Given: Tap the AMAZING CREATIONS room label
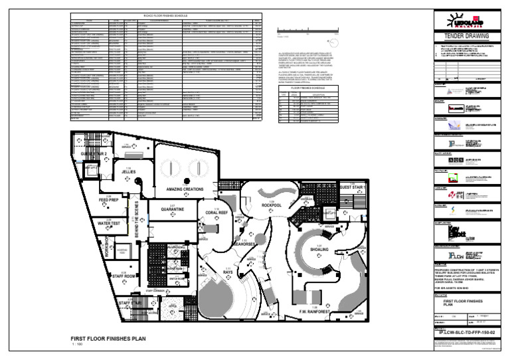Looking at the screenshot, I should [x=185, y=189].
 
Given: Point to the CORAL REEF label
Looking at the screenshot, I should [x=217, y=213].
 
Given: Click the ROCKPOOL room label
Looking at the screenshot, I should [x=272, y=205].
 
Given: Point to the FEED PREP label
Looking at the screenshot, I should [x=109, y=200].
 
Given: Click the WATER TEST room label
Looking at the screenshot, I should [x=108, y=223].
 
